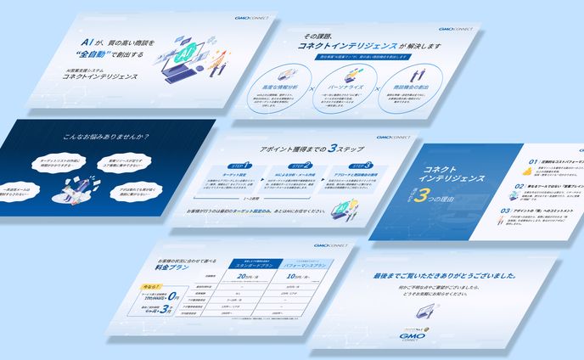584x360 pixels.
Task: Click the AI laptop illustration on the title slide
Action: pos(191,56)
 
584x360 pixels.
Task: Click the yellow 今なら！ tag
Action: pos(149,288)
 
